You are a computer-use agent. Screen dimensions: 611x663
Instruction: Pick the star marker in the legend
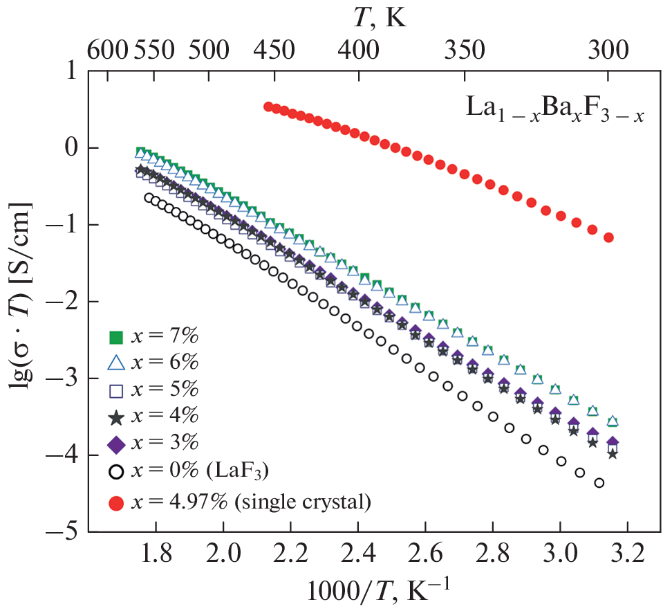click(116, 417)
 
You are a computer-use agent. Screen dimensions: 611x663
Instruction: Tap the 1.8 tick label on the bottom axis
click(156, 554)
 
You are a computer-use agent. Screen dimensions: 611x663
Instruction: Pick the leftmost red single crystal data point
click(268, 107)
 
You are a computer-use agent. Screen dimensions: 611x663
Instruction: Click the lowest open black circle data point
click(599, 482)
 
